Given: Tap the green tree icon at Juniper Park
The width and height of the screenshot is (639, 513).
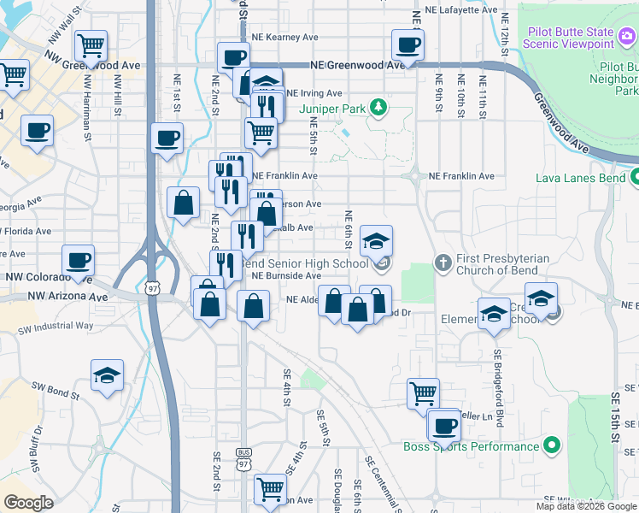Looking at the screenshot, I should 375,108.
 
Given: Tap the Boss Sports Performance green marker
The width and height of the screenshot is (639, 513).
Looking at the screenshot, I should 552,445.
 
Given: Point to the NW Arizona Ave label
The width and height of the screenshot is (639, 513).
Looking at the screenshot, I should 67,297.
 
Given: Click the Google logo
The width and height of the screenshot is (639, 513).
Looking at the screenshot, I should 28,503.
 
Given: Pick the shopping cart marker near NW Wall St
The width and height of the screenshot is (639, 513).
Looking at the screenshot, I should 90,44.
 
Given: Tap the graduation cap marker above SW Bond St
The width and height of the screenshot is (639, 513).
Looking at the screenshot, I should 107,374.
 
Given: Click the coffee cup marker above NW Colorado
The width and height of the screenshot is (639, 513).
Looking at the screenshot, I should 78,259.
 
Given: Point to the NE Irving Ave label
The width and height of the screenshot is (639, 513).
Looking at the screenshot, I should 314,93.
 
